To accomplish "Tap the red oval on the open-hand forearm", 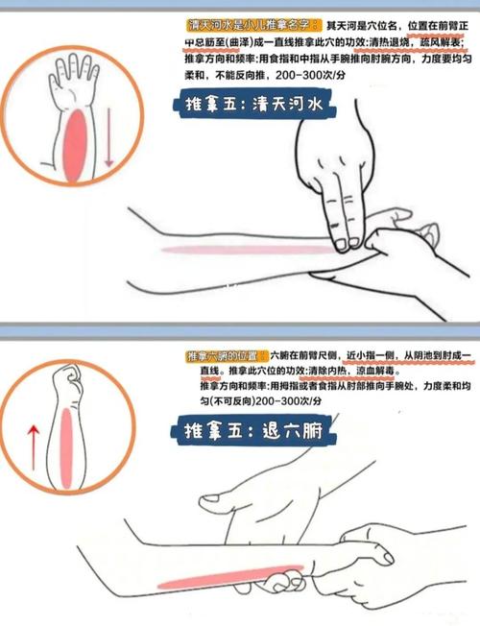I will click(x=73, y=142).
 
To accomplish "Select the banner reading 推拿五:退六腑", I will click(x=259, y=431).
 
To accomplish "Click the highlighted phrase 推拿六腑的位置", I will click(x=227, y=356).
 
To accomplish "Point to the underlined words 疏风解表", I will click(x=441, y=42).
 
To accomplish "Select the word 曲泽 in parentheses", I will click(x=248, y=42).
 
